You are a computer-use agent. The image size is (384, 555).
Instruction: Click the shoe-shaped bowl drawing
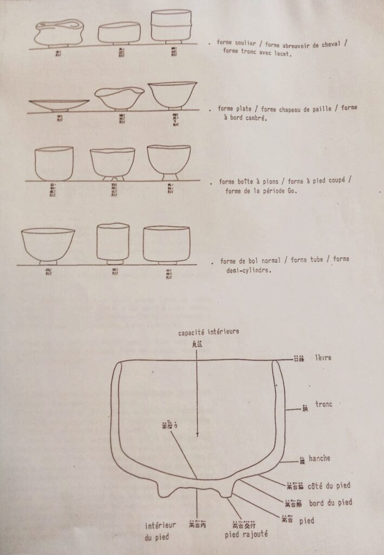(x=59, y=33)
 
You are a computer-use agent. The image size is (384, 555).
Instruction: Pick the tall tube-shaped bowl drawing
(x=112, y=242)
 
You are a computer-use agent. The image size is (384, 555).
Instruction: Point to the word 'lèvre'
(x=323, y=358)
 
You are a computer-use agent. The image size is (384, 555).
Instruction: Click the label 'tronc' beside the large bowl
(x=323, y=404)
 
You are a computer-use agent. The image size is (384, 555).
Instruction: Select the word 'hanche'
(x=320, y=459)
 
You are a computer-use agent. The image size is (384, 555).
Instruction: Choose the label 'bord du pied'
(x=330, y=502)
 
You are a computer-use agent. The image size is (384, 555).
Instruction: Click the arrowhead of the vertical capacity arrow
(x=198, y=434)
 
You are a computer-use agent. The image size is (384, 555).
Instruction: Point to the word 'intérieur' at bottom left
(x=160, y=525)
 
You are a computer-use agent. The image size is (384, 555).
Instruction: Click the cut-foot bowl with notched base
(x=113, y=163)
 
